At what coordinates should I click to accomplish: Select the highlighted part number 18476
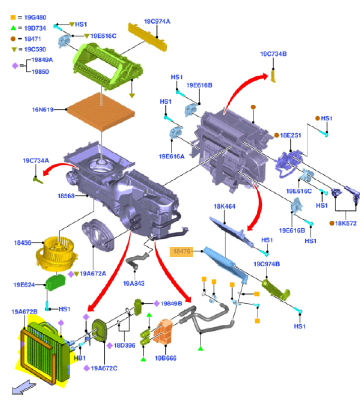pos(181,252)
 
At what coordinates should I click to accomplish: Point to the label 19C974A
pos(157,22)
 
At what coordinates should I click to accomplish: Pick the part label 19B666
pos(166,358)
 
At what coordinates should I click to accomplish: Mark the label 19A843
pos(134,283)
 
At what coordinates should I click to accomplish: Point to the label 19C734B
pos(273,54)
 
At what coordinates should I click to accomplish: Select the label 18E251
pos(291,135)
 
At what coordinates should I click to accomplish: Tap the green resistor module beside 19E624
pos(55,281)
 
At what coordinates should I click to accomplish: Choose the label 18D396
pos(124,345)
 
